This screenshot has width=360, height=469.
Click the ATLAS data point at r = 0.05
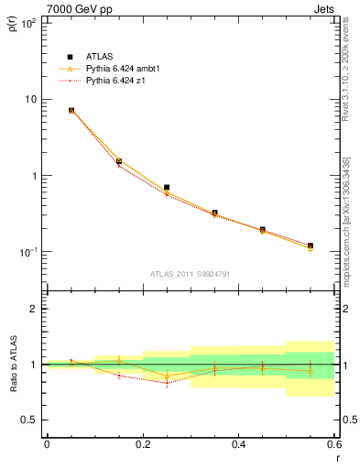point(71,110)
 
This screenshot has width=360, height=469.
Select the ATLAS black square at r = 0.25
point(167,187)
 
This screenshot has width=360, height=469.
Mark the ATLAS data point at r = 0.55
point(311,245)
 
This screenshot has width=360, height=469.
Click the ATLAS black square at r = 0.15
point(119,161)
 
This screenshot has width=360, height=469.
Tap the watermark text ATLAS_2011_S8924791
point(190,273)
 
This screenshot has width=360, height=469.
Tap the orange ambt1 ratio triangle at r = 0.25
point(167,376)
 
